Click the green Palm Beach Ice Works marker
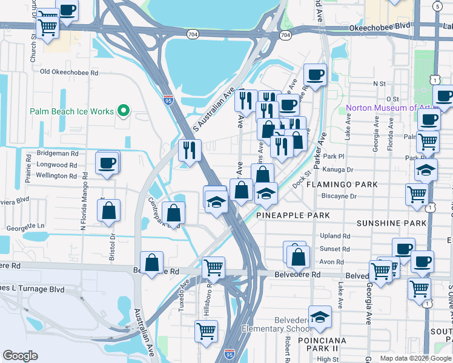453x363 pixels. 124,111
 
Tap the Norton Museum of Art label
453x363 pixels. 388,108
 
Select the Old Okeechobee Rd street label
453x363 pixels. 69,72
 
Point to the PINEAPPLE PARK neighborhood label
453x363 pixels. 293,215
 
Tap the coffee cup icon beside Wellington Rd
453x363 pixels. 107,163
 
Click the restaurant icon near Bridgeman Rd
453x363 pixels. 190,149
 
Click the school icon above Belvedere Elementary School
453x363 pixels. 320,316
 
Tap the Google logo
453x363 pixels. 20,356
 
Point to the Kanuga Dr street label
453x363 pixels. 338,170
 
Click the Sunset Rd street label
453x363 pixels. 336,249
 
